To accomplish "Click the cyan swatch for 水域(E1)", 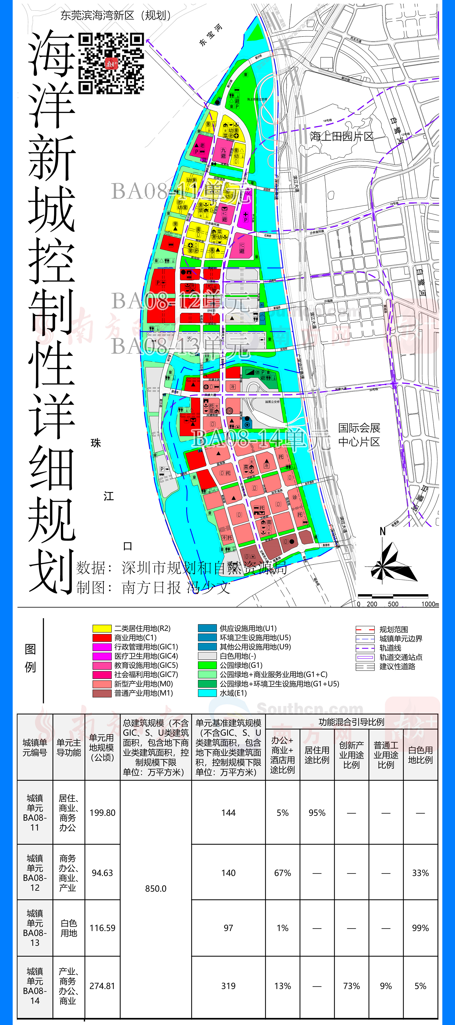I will pos(207,693).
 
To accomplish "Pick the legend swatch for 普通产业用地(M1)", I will pos(102,693).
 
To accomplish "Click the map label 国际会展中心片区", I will pos(359,435).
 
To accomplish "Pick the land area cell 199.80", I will pos(102,812).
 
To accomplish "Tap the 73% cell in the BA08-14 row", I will pos(351,986).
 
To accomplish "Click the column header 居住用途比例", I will pos(317,755).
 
